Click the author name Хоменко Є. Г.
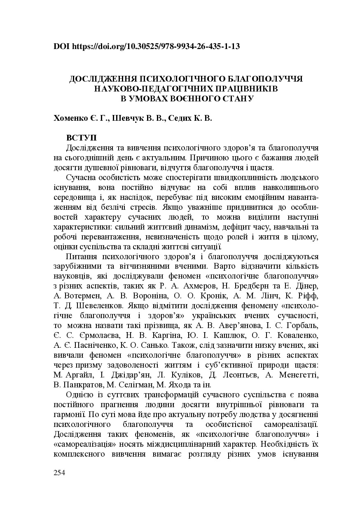coord(81,118)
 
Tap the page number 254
coord(59,472)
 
